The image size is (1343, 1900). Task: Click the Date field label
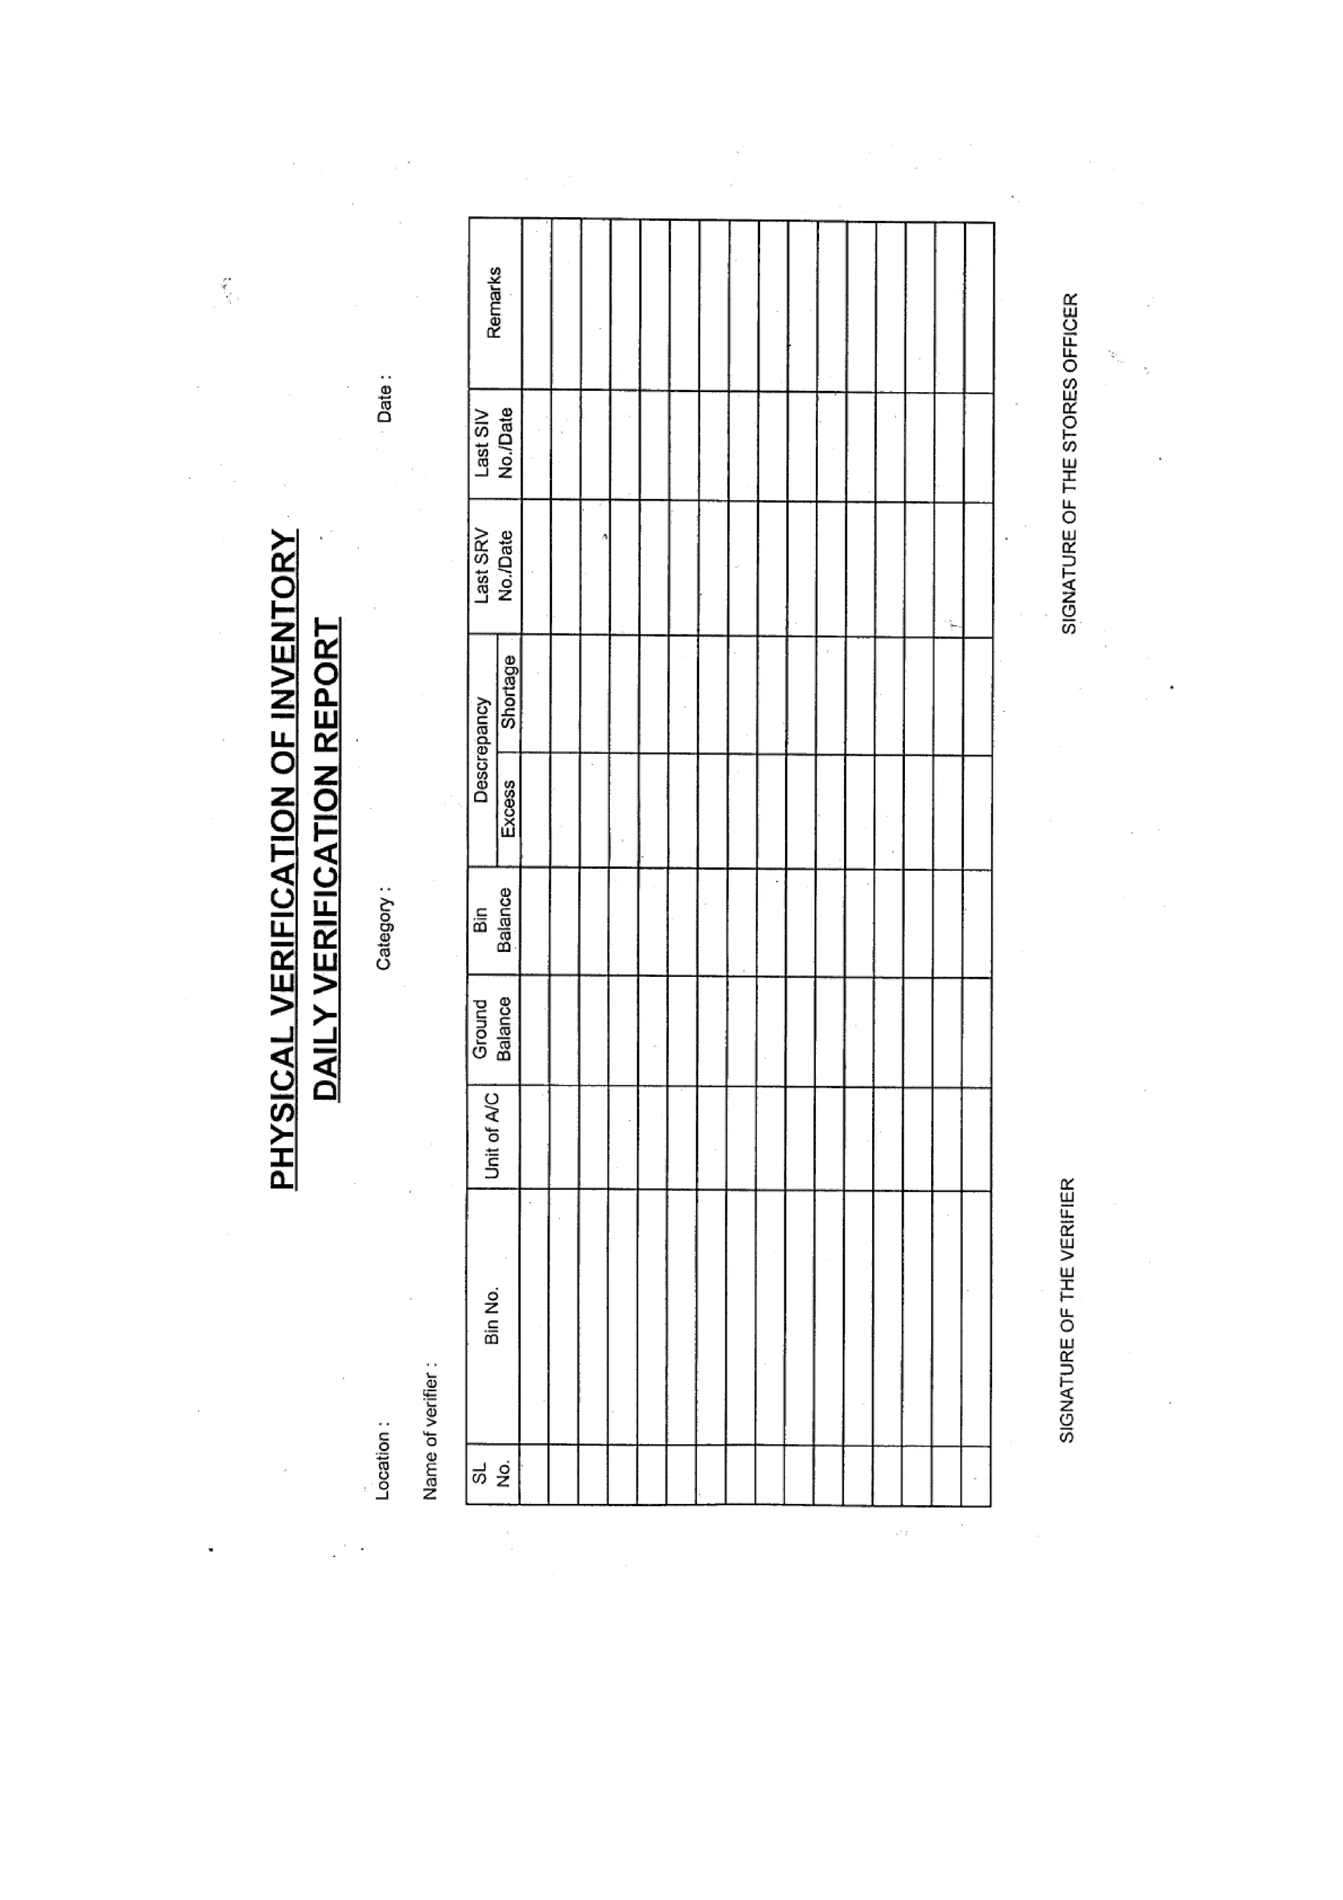click(384, 399)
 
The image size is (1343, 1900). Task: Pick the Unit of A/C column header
click(492, 1136)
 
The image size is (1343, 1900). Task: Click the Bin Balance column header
click(493, 920)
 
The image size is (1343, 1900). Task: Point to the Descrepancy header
click(481, 750)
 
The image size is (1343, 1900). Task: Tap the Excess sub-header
click(508, 808)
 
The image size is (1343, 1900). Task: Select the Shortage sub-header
click(508, 692)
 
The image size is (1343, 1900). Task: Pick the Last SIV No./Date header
click(494, 443)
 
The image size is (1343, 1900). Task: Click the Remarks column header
click(494, 302)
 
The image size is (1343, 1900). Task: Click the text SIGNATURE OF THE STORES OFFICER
click(1069, 464)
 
